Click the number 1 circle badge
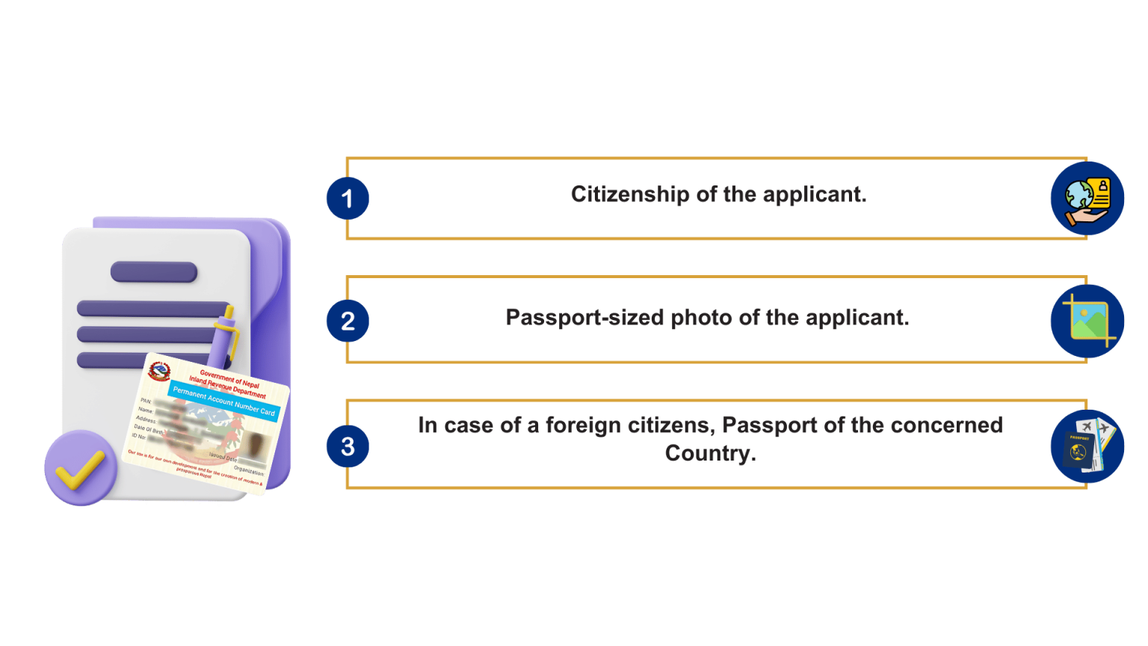[x=348, y=198]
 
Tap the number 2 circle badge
[x=348, y=321]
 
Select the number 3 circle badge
[x=348, y=446]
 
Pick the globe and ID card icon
[x=1087, y=199]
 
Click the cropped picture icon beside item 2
[x=1087, y=322]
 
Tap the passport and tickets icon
[x=1087, y=446]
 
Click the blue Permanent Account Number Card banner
[x=223, y=401]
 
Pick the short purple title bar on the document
[x=154, y=272]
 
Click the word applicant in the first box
[x=814, y=194]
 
